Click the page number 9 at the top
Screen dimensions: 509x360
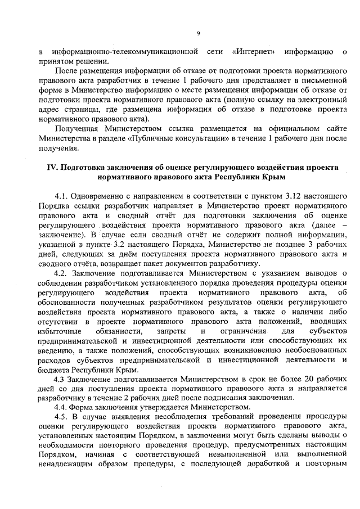point(199,34)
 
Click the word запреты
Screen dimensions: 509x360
point(174,331)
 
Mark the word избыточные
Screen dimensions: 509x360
point(60,331)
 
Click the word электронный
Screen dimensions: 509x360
point(317,100)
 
